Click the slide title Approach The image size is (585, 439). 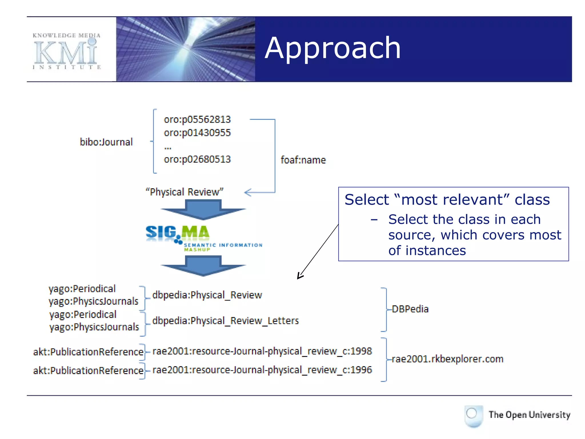[x=333, y=49]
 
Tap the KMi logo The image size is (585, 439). [x=66, y=51]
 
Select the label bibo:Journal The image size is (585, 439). [x=106, y=142]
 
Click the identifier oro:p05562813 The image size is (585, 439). [x=197, y=119]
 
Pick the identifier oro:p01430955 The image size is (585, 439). [x=197, y=133]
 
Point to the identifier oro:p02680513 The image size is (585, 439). [x=197, y=159]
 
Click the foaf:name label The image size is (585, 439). [x=303, y=160]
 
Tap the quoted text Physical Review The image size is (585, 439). [x=185, y=192]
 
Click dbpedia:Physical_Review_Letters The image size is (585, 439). [x=225, y=321]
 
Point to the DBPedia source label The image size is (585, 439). [x=410, y=309]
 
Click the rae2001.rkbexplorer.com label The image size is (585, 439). [x=447, y=359]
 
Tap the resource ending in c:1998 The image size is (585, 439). [x=262, y=351]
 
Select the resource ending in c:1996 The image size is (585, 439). [x=262, y=370]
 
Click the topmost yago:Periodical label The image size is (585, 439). [x=82, y=289]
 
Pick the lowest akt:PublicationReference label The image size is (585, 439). [x=88, y=370]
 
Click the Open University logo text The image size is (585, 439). [x=529, y=415]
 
